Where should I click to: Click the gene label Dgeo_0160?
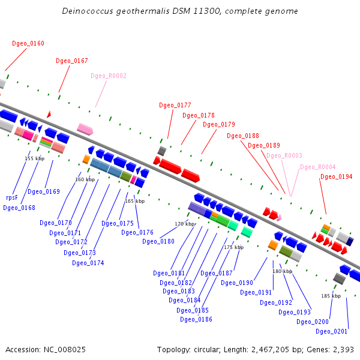point(28,43)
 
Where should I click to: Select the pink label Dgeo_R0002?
point(109,76)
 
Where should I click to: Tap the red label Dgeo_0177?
point(175,105)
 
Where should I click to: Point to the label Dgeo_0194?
point(337,177)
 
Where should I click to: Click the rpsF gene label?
point(12,197)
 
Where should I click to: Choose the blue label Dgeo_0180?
point(158,242)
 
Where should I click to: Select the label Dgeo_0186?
point(196,319)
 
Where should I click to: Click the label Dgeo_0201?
point(332,331)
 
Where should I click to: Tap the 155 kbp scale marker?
point(35,159)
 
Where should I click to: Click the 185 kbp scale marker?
point(331,296)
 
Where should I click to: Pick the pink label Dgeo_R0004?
point(318,167)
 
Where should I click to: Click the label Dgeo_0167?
point(72,61)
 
